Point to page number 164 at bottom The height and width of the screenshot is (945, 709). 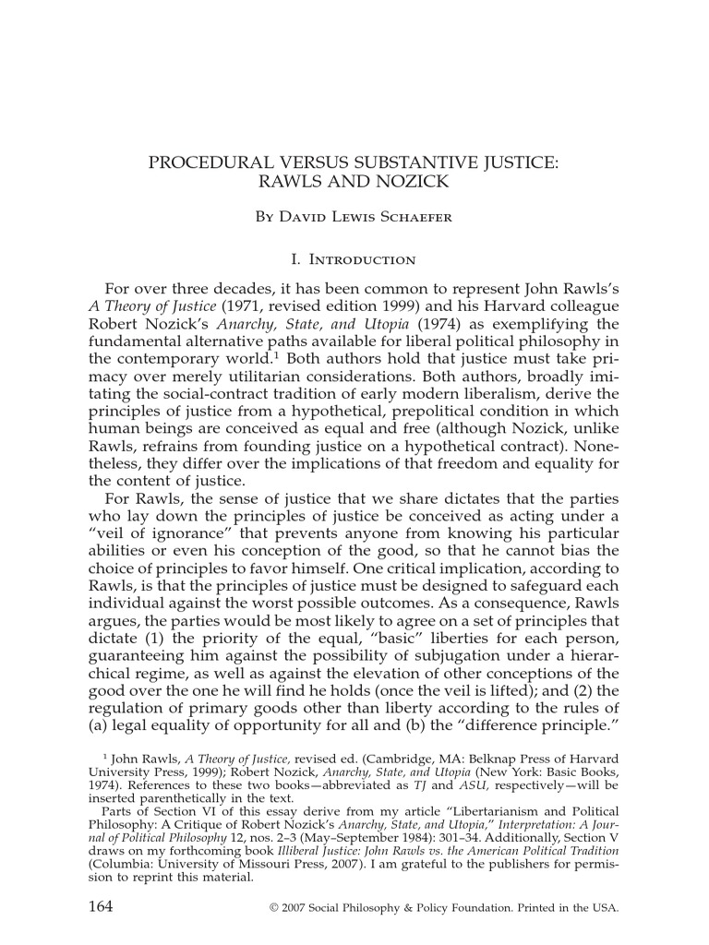point(100,906)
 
